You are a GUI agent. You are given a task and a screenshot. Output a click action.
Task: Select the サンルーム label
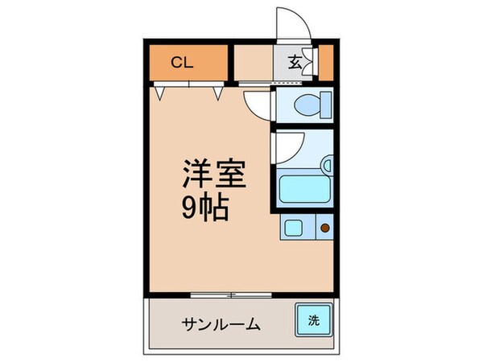coord(220,324)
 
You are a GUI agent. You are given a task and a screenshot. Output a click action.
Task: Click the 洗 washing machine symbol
coord(312,320)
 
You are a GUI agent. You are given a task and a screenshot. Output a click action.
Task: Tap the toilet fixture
coord(303,105)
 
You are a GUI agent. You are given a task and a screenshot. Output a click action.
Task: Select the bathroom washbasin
coord(327,167)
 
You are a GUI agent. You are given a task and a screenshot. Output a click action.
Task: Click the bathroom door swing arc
coord(287,145)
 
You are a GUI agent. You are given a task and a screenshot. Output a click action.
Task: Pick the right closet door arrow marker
coord(218,93)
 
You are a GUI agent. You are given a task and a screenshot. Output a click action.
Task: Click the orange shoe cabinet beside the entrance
coord(327,63)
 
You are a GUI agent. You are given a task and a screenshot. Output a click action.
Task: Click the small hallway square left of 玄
coord(253,63)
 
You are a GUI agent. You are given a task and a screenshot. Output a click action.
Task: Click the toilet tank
coord(324,105)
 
